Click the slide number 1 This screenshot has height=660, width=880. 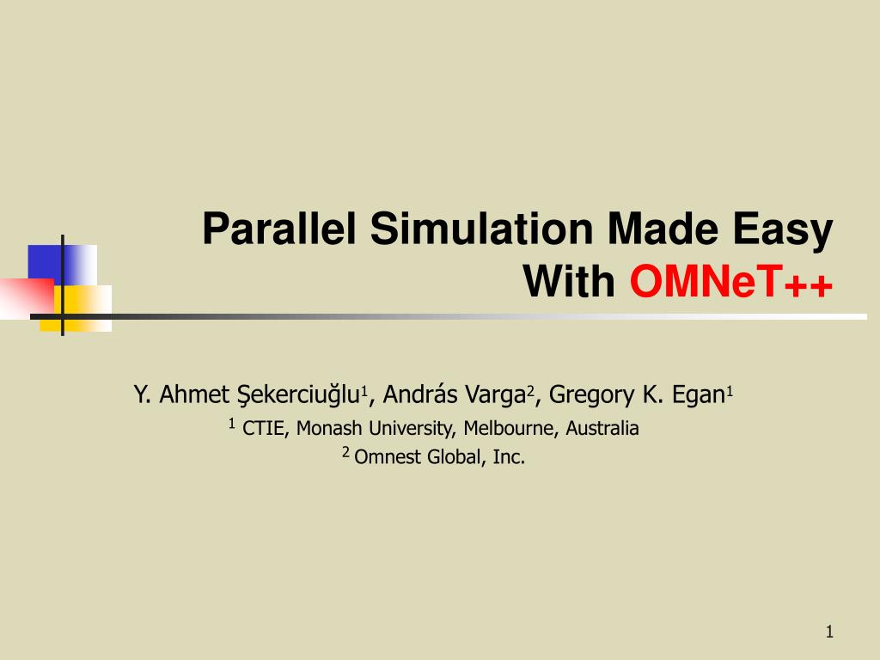(x=829, y=632)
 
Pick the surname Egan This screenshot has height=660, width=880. (x=694, y=395)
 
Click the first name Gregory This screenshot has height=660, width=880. (x=589, y=396)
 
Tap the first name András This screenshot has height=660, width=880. (x=419, y=395)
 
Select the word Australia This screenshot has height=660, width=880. (x=602, y=428)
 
